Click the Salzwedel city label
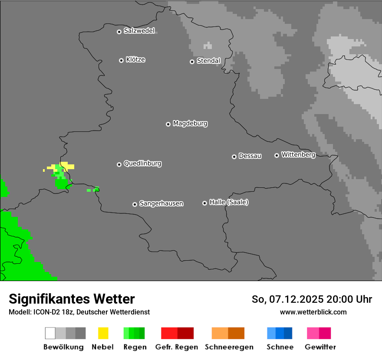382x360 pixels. tap(139, 31)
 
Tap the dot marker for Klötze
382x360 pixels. tap(121, 60)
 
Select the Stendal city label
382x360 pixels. tap(208, 61)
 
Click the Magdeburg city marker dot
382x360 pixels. tap(168, 124)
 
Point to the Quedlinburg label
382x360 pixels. tap(142, 164)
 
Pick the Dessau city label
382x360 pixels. tap(250, 156)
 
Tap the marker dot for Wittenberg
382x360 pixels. tap(277, 155)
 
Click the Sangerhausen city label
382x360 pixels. tap(161, 203)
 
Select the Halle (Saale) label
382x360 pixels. tap(229, 202)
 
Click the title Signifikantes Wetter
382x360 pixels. tap(72, 299)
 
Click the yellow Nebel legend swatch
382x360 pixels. tap(103, 333)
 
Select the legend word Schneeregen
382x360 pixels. tap(229, 347)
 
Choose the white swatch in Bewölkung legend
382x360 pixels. tap(50, 333)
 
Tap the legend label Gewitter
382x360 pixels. tap(320, 347)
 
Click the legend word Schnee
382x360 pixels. tap(280, 347)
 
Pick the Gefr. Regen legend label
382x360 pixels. tap(176, 347)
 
